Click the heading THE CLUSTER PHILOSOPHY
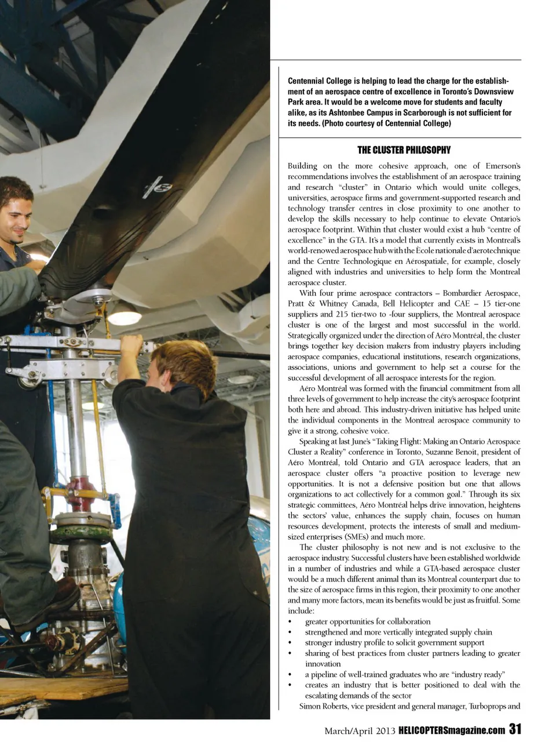pyautogui.click(x=404, y=150)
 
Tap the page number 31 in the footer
pyautogui.click(x=515, y=729)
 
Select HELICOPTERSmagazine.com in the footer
pyautogui.click(x=452, y=730)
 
